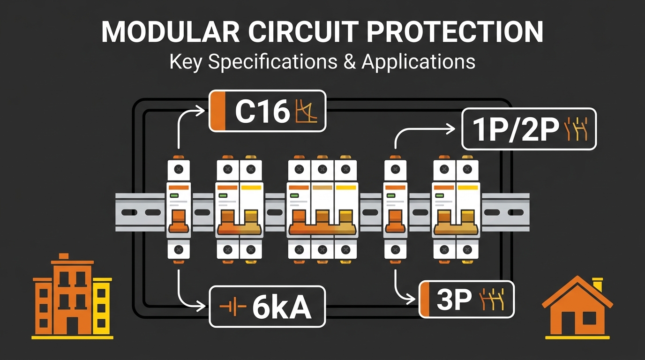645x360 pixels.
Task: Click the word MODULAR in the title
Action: (171, 32)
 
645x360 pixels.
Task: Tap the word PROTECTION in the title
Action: (455, 32)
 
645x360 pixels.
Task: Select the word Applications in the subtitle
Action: (418, 61)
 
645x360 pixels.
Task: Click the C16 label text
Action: (262, 111)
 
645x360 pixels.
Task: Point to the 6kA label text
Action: (282, 307)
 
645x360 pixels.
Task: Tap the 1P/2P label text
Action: (516, 129)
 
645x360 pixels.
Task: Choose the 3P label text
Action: (454, 300)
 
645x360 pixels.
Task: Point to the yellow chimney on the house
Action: (597, 285)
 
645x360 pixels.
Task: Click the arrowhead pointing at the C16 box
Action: (200, 111)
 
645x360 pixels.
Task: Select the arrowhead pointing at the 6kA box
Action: (201, 306)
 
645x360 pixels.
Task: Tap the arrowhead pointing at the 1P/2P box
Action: (450, 129)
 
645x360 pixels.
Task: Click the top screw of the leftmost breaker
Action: (179, 169)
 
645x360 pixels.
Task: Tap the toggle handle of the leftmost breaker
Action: (179, 221)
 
